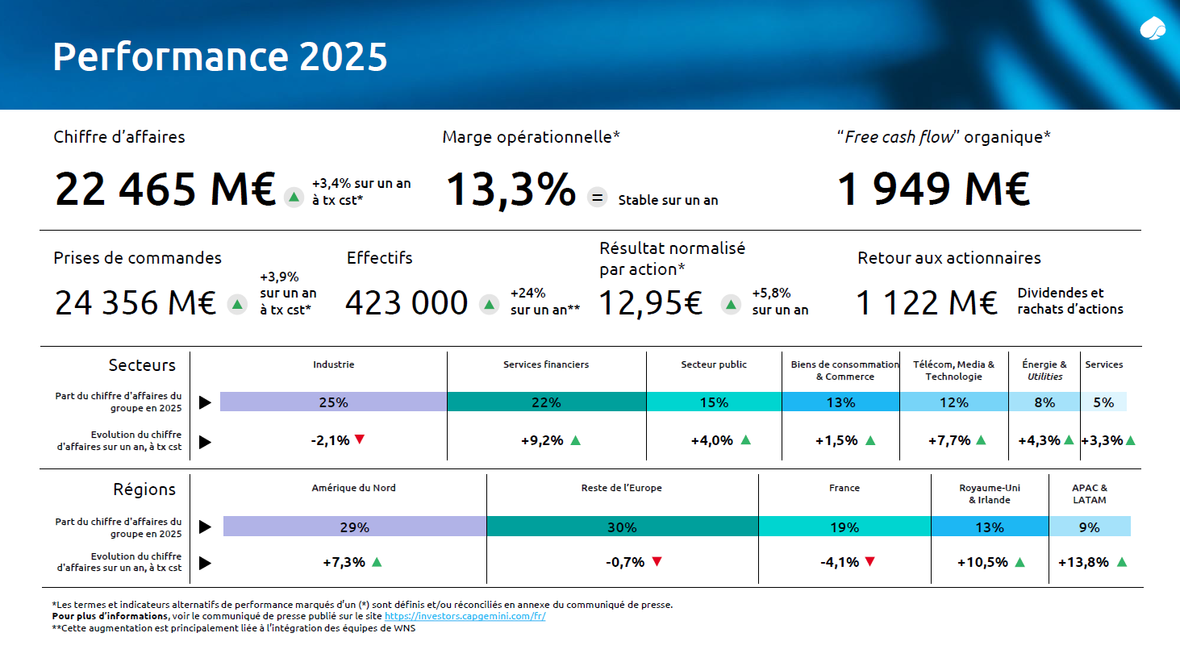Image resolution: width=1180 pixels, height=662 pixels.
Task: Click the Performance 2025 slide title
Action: point(219,56)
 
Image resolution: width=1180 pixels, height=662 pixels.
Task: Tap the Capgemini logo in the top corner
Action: point(1153,30)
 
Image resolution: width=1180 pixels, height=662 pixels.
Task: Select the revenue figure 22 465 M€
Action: point(165,189)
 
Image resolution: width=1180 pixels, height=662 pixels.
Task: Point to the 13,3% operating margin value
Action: point(511,189)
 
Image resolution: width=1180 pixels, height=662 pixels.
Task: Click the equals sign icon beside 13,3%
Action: point(597,198)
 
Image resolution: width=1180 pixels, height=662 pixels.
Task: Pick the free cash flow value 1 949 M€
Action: point(933,189)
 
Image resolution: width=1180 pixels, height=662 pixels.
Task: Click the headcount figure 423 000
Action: point(407,303)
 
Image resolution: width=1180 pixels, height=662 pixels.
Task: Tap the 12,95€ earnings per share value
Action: point(650,303)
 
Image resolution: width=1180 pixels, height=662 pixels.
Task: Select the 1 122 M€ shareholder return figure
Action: point(926,303)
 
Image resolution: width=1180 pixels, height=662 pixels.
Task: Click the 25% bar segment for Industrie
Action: point(333,402)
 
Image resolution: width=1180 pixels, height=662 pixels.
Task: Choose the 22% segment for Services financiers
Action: point(546,402)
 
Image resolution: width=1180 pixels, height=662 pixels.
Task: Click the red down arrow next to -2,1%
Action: point(360,439)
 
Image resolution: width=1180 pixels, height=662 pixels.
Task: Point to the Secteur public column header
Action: point(713,364)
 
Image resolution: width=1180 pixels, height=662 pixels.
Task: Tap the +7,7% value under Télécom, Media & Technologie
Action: point(949,440)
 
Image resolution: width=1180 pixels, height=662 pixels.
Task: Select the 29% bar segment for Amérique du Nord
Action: point(354,527)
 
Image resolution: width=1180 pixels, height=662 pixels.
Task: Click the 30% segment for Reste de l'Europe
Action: point(622,527)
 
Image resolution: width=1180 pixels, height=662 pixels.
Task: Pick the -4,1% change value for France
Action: point(839,562)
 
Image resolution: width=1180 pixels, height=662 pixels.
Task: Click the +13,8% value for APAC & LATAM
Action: point(1083,562)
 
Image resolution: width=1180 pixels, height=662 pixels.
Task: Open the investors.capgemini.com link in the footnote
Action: point(465,616)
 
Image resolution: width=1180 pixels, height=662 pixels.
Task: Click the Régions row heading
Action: point(144,489)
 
